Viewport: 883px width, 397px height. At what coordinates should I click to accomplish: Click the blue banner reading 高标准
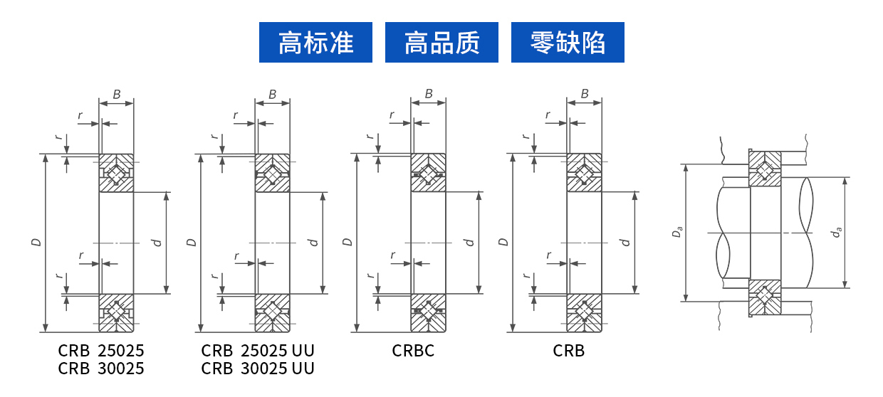[x=315, y=43]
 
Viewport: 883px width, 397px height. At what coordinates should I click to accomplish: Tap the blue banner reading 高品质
[x=441, y=43]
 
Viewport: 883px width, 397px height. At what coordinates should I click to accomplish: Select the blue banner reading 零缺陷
[x=568, y=43]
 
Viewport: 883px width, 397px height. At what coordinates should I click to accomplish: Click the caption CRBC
[x=413, y=351]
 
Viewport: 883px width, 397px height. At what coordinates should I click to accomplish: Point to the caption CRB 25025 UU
[x=257, y=351]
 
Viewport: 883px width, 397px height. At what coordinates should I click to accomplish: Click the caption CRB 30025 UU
[x=257, y=369]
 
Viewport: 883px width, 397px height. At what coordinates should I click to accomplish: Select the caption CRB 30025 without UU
[x=101, y=369]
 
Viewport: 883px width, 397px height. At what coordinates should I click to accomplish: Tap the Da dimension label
[x=679, y=232]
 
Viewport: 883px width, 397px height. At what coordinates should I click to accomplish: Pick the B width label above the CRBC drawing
[x=429, y=94]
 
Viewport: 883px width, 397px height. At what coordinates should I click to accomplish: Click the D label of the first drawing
[x=36, y=243]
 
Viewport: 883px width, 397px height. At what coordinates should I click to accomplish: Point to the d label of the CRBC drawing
[x=469, y=243]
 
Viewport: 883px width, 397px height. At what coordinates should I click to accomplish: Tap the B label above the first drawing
[x=117, y=94]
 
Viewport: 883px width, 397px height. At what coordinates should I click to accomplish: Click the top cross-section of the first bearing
[x=116, y=173]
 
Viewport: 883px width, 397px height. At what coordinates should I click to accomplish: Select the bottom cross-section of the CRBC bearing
[x=428, y=312]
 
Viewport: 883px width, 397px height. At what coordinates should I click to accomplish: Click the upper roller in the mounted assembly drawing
[x=765, y=171]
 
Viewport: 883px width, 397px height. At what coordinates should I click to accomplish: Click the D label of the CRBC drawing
[x=348, y=243]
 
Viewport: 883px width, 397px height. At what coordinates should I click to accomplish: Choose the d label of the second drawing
[x=313, y=243]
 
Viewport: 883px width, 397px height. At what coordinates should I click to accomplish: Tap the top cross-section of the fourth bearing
[x=584, y=173]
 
